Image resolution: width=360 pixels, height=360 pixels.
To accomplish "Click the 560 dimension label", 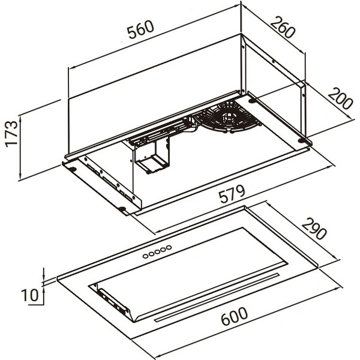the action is click(140, 29).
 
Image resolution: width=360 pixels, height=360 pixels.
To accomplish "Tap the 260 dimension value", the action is click(283, 27).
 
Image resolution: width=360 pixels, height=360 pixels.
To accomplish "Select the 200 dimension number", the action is click(340, 98).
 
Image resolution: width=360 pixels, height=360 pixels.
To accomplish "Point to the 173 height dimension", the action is click(11, 134).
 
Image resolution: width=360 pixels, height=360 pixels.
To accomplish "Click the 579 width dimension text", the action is click(232, 194).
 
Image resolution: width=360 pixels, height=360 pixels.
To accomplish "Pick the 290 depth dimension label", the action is click(314, 229).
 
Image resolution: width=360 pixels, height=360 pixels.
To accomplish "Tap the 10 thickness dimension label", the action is click(29, 295).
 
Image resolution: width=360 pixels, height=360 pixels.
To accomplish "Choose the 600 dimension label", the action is click(234, 316).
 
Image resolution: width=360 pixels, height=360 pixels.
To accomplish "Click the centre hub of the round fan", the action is click(228, 117).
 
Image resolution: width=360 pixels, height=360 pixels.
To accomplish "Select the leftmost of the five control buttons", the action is click(146, 256).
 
